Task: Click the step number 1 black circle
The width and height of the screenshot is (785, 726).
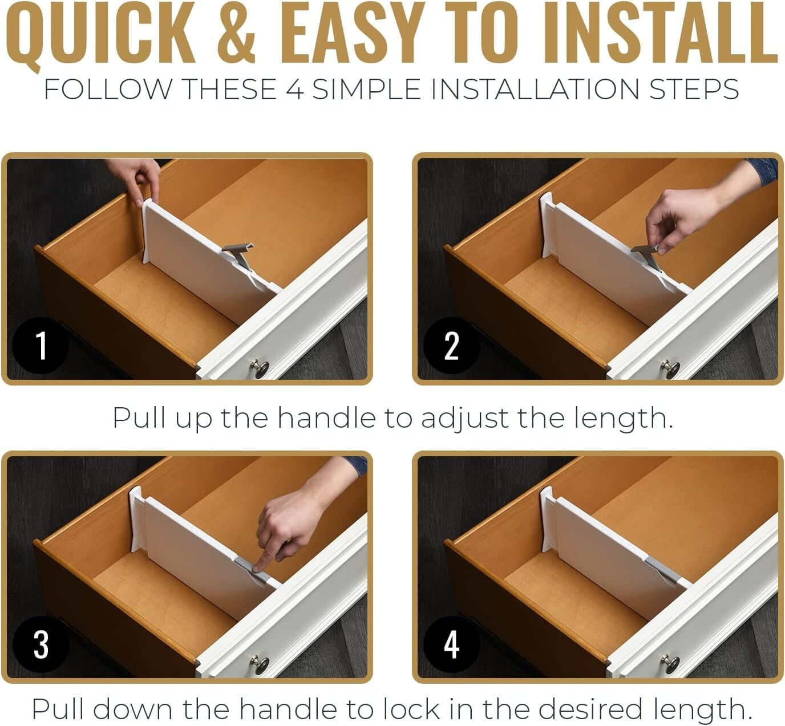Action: tap(41, 345)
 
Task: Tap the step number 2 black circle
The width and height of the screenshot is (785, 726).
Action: tap(451, 345)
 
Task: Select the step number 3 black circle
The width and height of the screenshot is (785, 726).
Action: tap(41, 644)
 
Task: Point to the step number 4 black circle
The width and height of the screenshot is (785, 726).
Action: tap(451, 644)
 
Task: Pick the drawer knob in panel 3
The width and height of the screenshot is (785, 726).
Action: tap(260, 664)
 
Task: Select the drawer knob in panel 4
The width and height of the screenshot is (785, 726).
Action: tap(670, 664)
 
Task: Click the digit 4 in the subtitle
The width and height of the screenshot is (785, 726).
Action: tap(295, 90)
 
